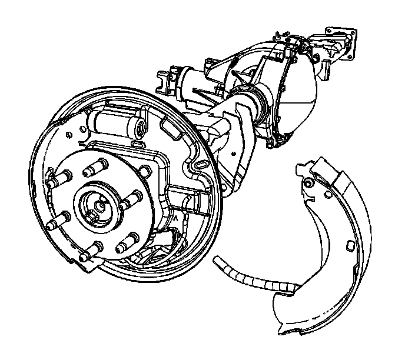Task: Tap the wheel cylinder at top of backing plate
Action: tap(115, 124)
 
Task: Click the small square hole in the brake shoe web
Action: tap(348, 244)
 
